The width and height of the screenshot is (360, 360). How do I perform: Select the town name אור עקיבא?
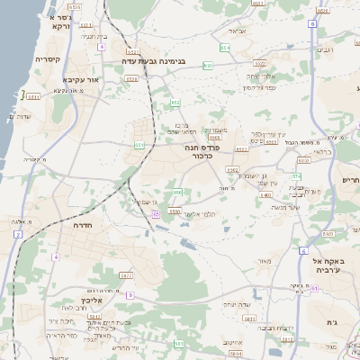click(79, 79)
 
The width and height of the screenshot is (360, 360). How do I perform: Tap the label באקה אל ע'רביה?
click(336, 265)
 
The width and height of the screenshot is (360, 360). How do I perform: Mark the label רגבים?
click(326, 49)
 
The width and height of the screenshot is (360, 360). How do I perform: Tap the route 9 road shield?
click(130, 294)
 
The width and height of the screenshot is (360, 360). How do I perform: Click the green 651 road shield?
click(139, 144)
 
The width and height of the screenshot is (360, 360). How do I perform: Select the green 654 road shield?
click(223, 47)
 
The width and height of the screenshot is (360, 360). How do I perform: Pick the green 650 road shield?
click(178, 193)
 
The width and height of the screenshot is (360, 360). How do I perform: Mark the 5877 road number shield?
click(125, 275)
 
